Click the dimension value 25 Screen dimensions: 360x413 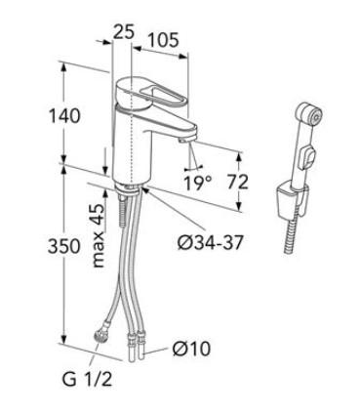(x=123, y=32)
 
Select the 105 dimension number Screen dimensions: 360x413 (x=163, y=40)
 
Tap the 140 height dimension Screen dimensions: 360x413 (x=64, y=115)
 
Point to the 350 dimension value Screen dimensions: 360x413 (x=63, y=246)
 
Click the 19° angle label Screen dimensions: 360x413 (x=198, y=183)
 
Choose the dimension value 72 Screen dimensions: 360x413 (x=237, y=182)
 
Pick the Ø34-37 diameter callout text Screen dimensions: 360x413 (x=211, y=242)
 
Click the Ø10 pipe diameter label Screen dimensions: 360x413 (x=191, y=349)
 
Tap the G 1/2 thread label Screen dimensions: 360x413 (x=87, y=379)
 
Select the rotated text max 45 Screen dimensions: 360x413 (x=98, y=236)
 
